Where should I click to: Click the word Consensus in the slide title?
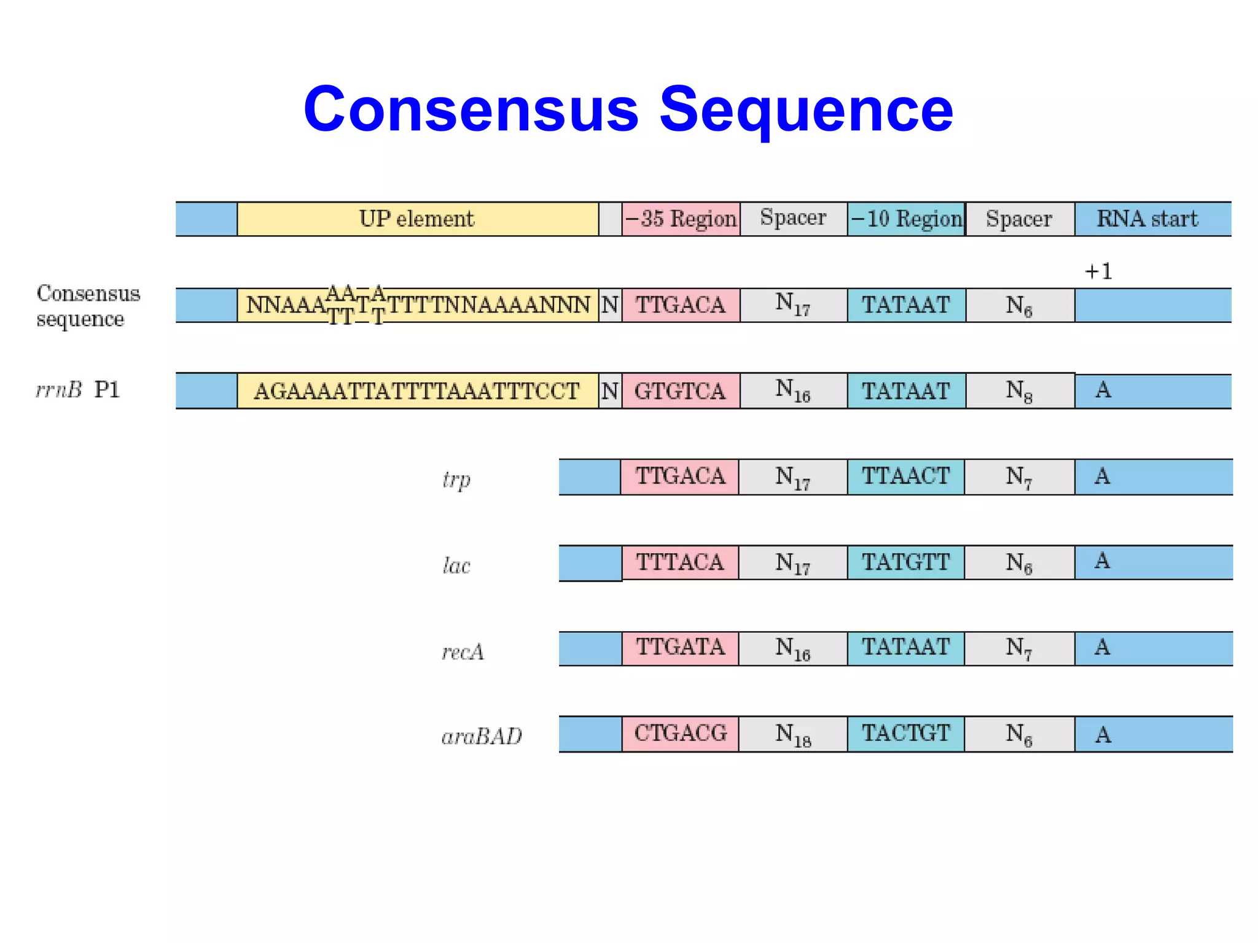click(471, 110)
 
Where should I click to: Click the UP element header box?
click(417, 219)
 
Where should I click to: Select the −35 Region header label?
click(681, 219)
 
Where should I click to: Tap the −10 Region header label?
click(906, 219)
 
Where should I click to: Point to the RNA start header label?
click(1147, 219)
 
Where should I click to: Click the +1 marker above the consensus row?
click(1098, 271)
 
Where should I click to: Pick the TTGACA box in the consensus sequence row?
click(680, 305)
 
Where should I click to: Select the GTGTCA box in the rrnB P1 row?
click(680, 391)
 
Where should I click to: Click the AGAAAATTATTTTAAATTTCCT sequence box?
click(417, 391)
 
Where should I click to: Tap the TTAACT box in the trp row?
click(905, 476)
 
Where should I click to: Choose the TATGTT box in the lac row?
click(905, 562)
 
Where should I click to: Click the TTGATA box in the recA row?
click(680, 648)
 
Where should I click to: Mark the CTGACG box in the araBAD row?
click(680, 734)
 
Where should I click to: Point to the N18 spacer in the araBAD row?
click(792, 734)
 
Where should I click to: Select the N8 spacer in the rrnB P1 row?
click(1019, 391)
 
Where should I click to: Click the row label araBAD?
click(482, 736)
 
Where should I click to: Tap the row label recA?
click(463, 651)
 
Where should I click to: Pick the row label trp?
click(456, 479)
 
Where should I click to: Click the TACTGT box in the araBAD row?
click(905, 734)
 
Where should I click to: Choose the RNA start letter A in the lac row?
click(1102, 561)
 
